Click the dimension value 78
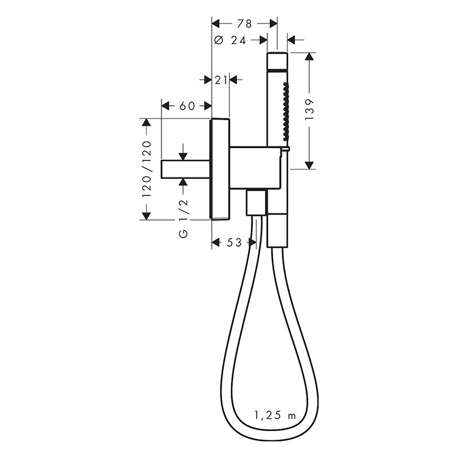pos(244,23)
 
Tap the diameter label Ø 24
pos(230,40)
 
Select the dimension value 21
pos(221,80)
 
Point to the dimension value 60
pos(187,106)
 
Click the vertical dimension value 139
pos(309,109)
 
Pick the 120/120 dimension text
pos(147,169)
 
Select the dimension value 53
pos(234,242)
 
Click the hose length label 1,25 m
pos(275,415)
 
